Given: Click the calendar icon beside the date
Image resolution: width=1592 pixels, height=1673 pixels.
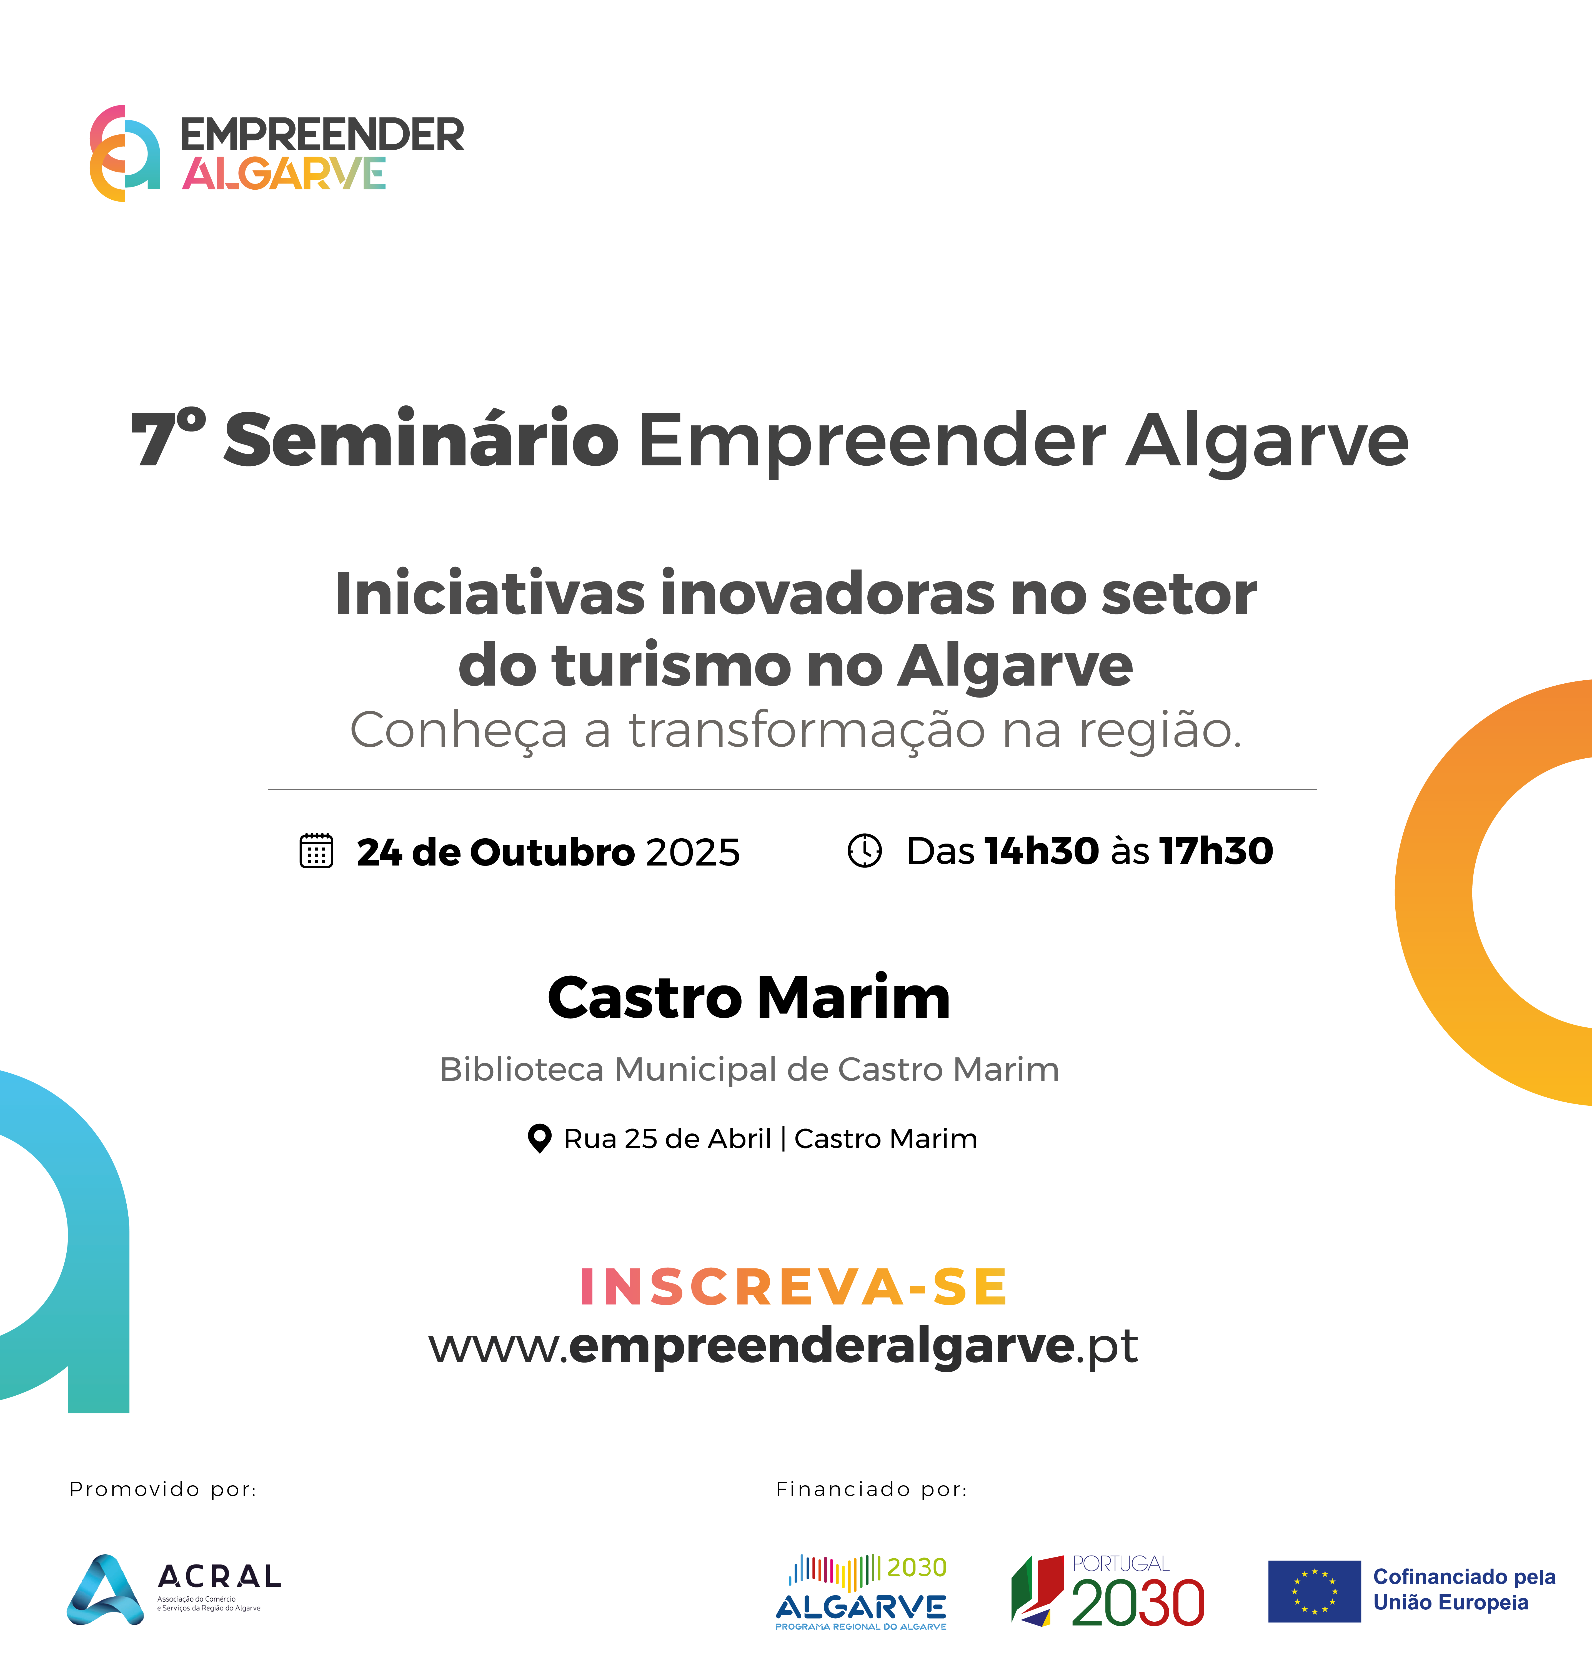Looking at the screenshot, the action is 317,850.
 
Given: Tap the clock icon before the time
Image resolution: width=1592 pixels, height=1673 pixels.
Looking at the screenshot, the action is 865,850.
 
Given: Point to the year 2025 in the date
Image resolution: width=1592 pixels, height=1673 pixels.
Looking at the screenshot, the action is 692,852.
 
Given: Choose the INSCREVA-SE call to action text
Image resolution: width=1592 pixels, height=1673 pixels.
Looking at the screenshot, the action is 794,1287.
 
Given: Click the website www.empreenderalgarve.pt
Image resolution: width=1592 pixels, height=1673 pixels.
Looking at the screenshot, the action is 782,1346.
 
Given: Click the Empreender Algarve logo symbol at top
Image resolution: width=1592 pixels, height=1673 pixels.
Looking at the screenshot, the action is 125,153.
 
